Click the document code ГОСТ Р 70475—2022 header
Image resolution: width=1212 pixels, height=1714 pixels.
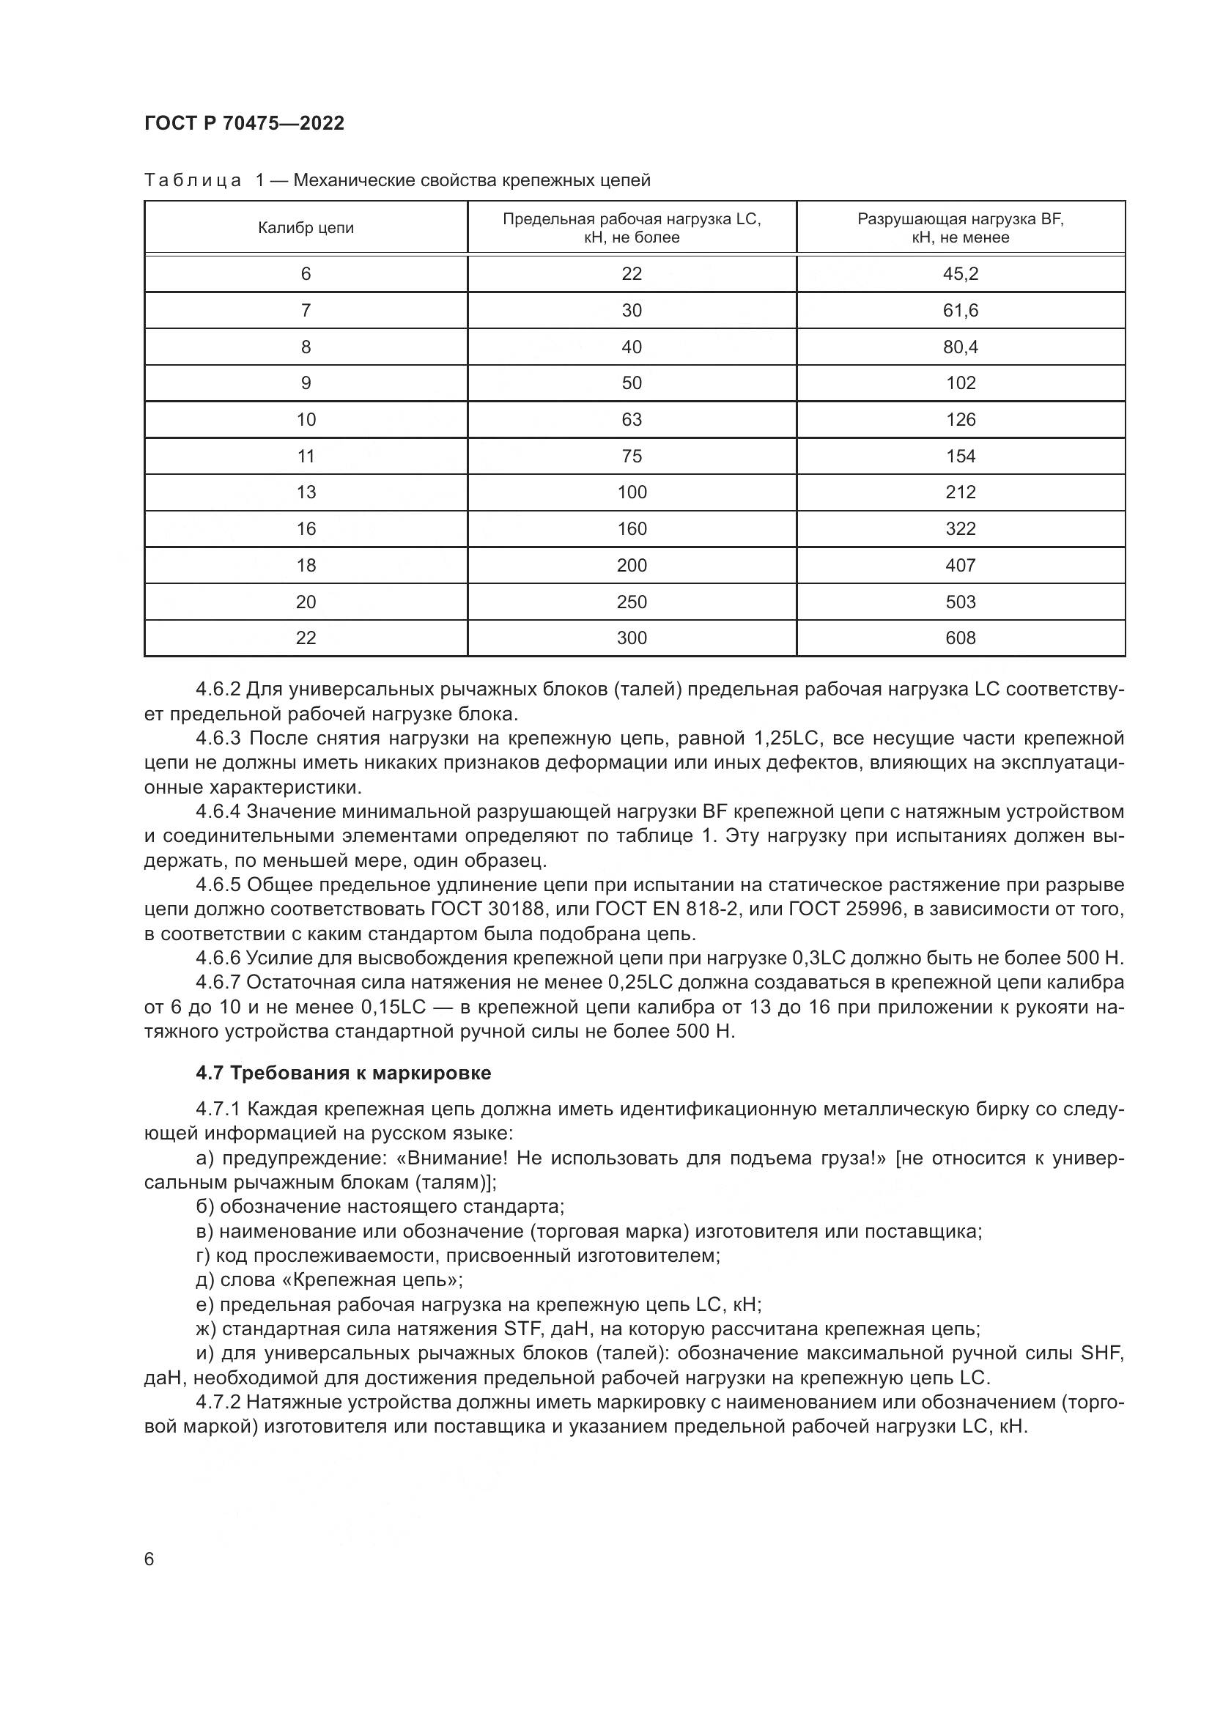(x=244, y=123)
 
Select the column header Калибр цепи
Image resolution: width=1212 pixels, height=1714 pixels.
(x=306, y=229)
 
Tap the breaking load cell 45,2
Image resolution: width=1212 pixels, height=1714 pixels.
(x=960, y=274)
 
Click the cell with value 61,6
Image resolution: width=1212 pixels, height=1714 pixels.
(x=960, y=311)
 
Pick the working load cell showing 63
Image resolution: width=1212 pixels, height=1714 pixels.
(x=632, y=420)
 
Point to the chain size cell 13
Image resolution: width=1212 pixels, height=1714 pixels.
(x=306, y=492)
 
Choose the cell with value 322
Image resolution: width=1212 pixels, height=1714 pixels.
(x=960, y=529)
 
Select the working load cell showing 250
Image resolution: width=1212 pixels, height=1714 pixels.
(x=632, y=602)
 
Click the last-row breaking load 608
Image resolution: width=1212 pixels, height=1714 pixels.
(x=960, y=638)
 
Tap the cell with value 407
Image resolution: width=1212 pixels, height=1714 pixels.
(x=960, y=566)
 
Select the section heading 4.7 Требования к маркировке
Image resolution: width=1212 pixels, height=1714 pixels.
(x=343, y=1074)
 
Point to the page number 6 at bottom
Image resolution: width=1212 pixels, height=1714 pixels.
(x=149, y=1559)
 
